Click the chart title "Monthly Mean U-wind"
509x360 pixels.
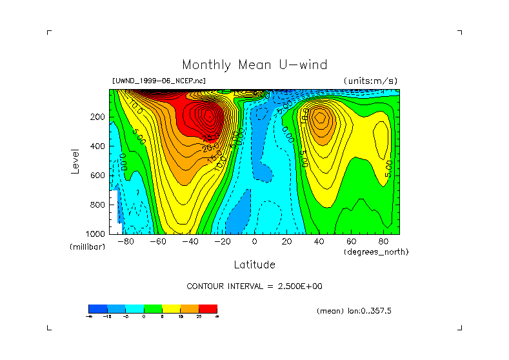pos(254,65)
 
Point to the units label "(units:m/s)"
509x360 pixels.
pos(370,81)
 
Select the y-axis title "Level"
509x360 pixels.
pos(75,161)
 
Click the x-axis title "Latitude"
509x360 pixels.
pos(254,265)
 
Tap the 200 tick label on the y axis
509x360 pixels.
pos(97,117)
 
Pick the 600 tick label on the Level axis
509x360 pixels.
pos(97,175)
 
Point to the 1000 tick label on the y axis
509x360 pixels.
pos(95,234)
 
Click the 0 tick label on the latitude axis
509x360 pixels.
pos(254,242)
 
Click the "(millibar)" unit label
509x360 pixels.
pos(86,247)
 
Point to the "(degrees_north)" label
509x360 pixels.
pos(376,252)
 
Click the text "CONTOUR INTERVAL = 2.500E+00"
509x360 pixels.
pos(254,286)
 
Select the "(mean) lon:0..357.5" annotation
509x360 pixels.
pos(354,311)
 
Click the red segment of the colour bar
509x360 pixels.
pos(208,308)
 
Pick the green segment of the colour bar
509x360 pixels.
pos(152,308)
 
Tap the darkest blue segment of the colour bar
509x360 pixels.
pos(97,308)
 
